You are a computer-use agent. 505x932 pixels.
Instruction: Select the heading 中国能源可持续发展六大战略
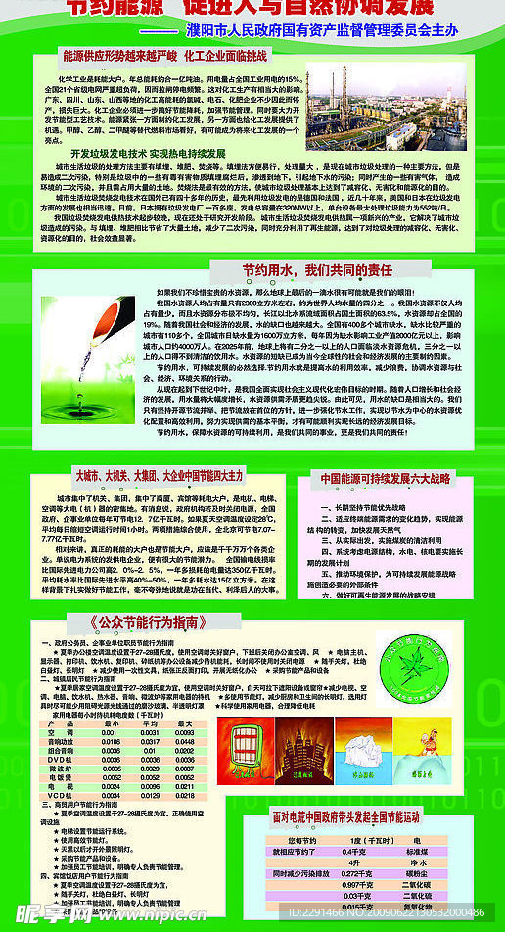pyautogui.click(x=387, y=478)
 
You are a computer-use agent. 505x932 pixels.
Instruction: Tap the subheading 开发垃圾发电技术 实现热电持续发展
pyautogui.click(x=147, y=154)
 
